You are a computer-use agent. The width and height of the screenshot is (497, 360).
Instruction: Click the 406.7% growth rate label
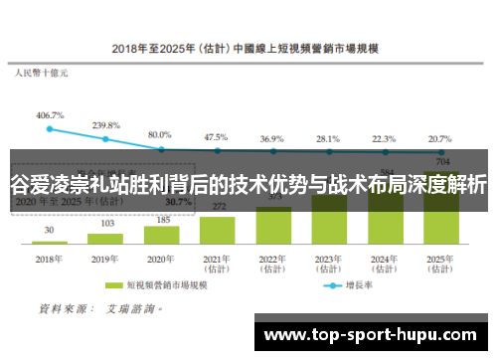(x=50, y=115)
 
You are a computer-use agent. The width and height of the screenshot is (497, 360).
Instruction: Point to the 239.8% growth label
(x=105, y=125)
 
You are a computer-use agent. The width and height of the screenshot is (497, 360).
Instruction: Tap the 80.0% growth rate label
(x=160, y=134)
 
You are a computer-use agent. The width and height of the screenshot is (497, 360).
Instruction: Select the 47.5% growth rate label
(x=216, y=137)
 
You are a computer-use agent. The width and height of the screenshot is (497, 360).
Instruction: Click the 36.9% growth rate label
(x=271, y=139)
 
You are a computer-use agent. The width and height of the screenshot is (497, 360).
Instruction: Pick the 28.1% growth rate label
(x=327, y=139)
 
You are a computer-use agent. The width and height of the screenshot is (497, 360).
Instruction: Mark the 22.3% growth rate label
(x=383, y=139)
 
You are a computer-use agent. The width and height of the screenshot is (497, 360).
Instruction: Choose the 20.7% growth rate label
(x=438, y=139)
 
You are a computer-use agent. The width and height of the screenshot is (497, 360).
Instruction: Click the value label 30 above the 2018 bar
(x=50, y=230)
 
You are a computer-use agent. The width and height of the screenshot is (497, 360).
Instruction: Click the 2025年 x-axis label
(x=438, y=263)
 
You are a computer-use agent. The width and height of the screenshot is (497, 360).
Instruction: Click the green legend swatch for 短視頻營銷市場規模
(x=112, y=283)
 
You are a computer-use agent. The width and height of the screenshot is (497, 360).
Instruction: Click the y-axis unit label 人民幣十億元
(x=42, y=73)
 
